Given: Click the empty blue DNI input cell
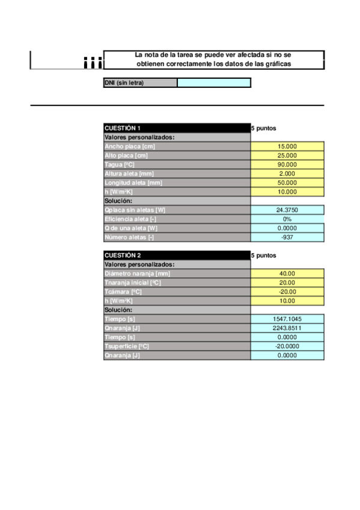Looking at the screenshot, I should point(214,83).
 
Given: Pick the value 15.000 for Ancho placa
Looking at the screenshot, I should point(287,146).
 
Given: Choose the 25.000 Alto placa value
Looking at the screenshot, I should point(287,155).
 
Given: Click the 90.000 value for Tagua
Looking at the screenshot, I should point(287,164).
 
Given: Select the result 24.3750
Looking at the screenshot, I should point(287,210).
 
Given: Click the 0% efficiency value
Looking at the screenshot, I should point(287,219).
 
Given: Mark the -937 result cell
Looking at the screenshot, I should point(287,237).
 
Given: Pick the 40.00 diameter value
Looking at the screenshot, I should point(287,274).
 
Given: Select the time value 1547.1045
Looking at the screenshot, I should point(287,319).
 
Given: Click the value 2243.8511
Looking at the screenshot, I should point(287,328).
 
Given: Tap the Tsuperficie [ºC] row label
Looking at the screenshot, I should point(127,346).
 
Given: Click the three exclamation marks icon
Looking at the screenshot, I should point(93,62).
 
